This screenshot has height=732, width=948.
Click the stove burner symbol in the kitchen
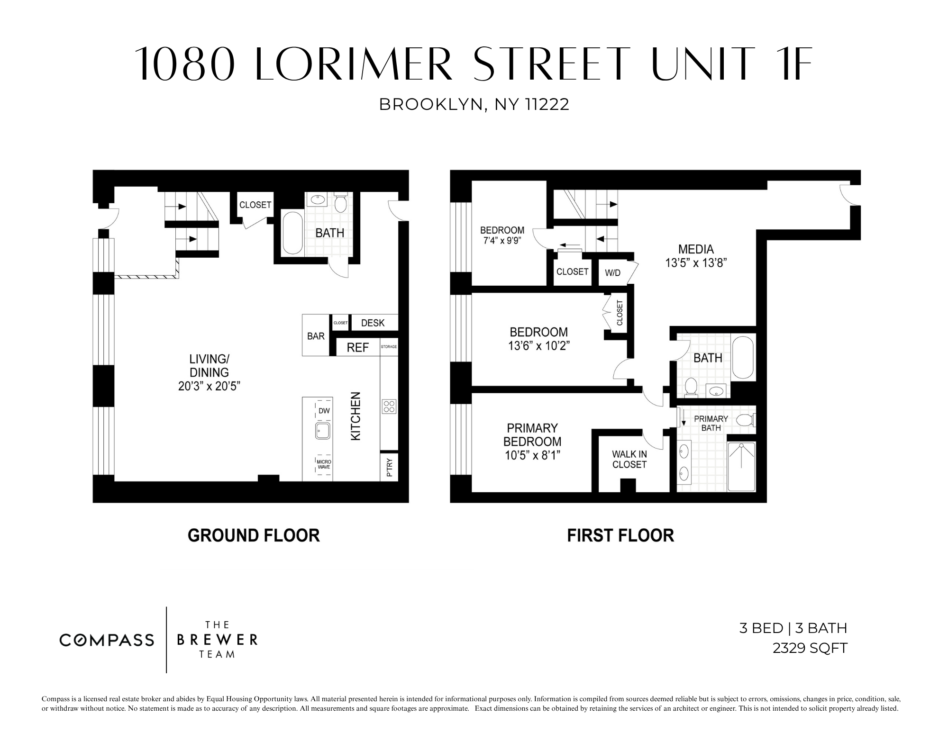(389, 407)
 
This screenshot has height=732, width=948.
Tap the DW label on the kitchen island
(324, 411)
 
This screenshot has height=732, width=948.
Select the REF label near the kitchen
(357, 348)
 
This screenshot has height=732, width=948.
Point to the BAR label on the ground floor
(316, 336)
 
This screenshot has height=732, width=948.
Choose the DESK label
(373, 323)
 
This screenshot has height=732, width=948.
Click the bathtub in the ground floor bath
(292, 233)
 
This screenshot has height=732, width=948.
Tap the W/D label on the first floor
(612, 273)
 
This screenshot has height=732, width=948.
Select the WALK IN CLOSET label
(629, 459)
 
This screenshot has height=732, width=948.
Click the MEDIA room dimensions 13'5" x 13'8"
(696, 263)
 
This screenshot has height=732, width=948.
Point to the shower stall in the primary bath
(741, 467)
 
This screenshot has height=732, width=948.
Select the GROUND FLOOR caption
(254, 535)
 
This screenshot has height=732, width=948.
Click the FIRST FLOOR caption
(620, 535)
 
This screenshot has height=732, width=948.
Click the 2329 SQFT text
(810, 648)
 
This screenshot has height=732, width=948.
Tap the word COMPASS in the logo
(107, 640)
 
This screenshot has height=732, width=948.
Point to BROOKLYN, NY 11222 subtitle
(474, 104)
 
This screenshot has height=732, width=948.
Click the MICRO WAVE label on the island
(324, 464)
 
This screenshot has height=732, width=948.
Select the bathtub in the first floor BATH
(743, 358)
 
